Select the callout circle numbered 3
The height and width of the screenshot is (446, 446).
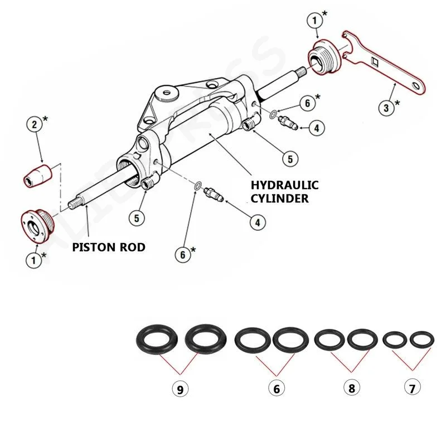387,107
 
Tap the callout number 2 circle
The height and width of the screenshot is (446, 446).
35,124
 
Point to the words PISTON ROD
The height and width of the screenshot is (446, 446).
109,246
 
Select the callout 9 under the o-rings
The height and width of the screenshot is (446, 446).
180,390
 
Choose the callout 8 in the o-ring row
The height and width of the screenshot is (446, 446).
351,389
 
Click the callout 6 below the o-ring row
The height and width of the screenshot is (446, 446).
275,389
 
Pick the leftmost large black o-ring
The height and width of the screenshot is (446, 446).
157,338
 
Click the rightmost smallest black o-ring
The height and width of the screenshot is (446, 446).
421,338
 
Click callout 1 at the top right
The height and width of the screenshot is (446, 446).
316,21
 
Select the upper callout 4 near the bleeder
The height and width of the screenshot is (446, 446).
316,128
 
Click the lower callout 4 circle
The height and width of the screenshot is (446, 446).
256,222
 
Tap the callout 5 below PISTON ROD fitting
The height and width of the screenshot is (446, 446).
138,217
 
